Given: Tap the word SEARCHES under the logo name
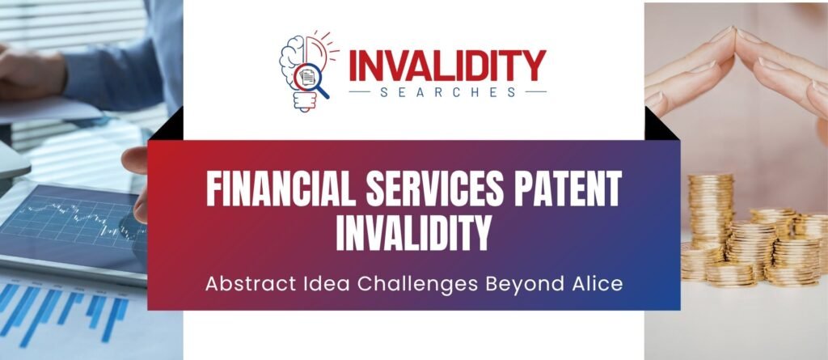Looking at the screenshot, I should (447, 92).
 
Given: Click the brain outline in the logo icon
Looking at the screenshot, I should (292, 61).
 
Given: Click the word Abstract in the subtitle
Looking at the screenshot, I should (241, 285).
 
